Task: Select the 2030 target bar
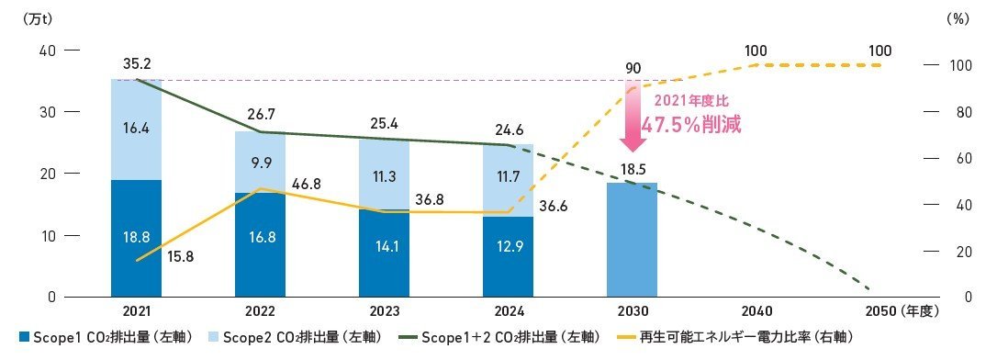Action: pos(632,239)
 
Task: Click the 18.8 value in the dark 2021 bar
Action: pos(137,235)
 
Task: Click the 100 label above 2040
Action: pos(757,50)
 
